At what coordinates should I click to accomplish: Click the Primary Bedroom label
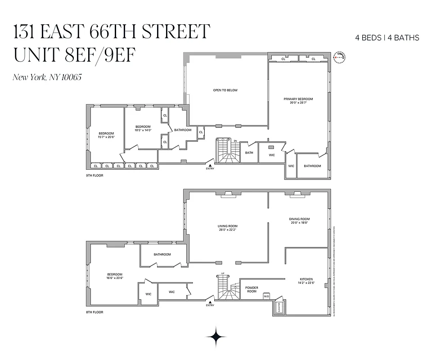tap(298, 99)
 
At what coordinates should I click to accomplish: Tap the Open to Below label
tap(225, 90)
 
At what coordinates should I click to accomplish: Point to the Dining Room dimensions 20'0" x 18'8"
tap(300, 223)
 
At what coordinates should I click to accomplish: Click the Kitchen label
tap(306, 279)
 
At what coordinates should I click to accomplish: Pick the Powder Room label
tap(252, 289)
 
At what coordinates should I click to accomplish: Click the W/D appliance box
tap(266, 297)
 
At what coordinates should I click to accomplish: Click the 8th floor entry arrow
tap(210, 302)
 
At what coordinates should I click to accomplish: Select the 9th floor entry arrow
tap(210, 165)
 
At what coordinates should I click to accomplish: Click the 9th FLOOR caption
tap(94, 175)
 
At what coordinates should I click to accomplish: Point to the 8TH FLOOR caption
tap(94, 312)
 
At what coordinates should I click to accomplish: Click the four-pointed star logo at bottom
tap(216, 336)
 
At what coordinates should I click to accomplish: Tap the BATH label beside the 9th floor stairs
tap(249, 153)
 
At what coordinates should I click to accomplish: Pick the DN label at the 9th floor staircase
tap(235, 141)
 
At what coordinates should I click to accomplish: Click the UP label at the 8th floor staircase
tap(222, 274)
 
